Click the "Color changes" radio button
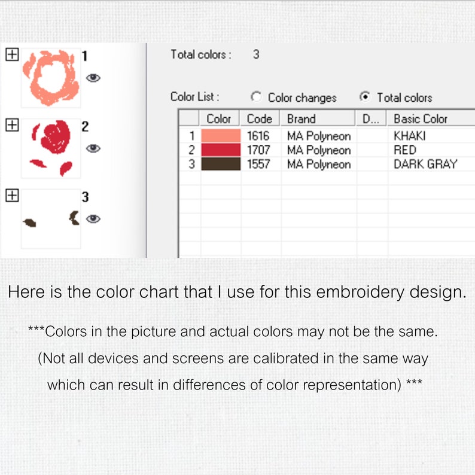tap(257, 97)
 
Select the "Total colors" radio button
tap(365, 97)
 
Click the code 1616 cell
tap(259, 136)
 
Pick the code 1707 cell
tap(259, 150)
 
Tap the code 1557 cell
tap(259, 164)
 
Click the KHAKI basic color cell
tap(410, 136)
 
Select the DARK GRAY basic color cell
tap(425, 164)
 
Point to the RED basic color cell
tap(405, 150)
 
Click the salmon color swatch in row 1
tap(221, 136)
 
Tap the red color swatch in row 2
tap(221, 150)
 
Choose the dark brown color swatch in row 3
tap(221, 164)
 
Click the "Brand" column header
tap(301, 118)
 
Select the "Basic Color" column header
tap(421, 118)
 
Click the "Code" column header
tap(259, 118)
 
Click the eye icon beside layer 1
tap(93, 77)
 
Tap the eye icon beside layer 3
tap(93, 219)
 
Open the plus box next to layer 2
tap(11, 125)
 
